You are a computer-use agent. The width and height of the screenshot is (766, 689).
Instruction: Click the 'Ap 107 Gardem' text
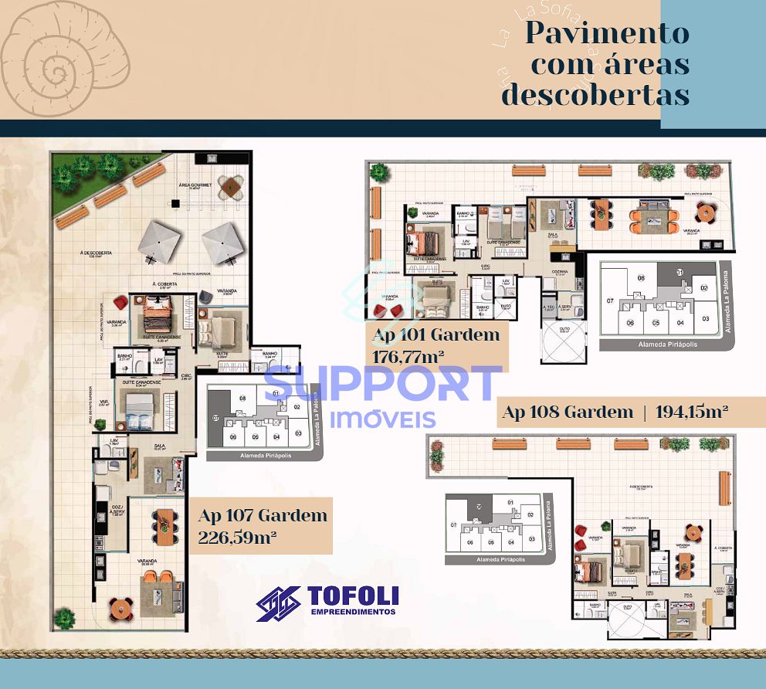pos(263,515)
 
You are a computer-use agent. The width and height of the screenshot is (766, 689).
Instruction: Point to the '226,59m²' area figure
pos(237,537)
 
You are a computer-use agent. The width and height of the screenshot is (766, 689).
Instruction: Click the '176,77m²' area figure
pos(410,358)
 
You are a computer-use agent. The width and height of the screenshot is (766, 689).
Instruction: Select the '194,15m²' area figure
pos(692,412)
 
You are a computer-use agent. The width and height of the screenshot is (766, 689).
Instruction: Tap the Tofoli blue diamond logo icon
pos(279,602)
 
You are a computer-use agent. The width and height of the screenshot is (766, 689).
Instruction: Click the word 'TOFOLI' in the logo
pos(353,595)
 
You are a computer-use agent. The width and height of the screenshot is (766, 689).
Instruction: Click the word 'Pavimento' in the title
pos(607,33)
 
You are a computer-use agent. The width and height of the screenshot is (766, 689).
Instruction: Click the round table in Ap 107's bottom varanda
pos(120,608)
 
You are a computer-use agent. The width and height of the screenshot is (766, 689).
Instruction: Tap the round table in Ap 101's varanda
pos(704,212)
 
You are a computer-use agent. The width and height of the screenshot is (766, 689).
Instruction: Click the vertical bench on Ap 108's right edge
pos(724,487)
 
